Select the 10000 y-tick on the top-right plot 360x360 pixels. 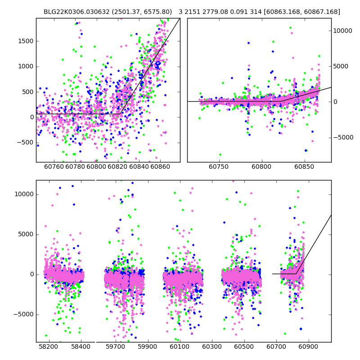pos(342,31)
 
